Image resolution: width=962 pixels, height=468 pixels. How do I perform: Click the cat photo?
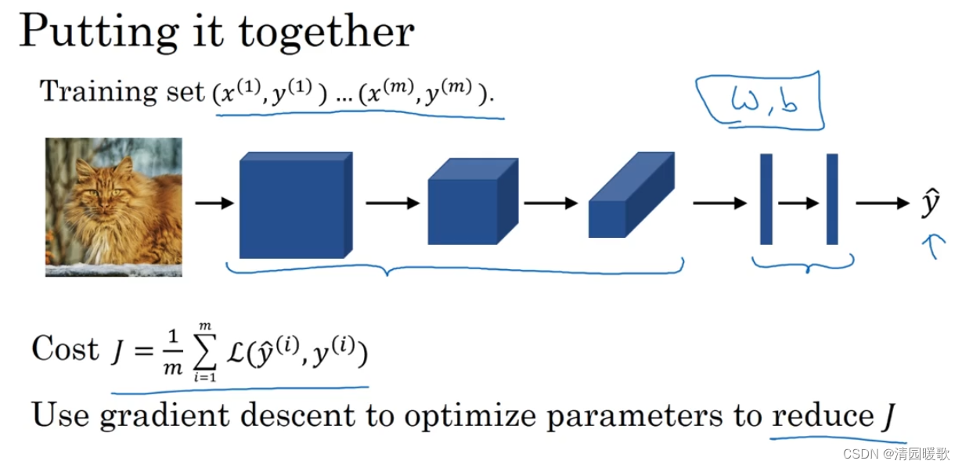(x=113, y=207)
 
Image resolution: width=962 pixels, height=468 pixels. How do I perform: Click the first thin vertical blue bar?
(x=766, y=199)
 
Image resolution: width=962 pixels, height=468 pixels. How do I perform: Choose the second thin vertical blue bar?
(x=832, y=199)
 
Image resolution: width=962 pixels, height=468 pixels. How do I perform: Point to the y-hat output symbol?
(x=930, y=204)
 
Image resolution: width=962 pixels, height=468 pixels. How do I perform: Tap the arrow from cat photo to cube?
(x=214, y=203)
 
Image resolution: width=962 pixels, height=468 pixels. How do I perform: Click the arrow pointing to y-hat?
(x=881, y=203)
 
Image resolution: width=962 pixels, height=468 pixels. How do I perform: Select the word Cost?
(x=66, y=349)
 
